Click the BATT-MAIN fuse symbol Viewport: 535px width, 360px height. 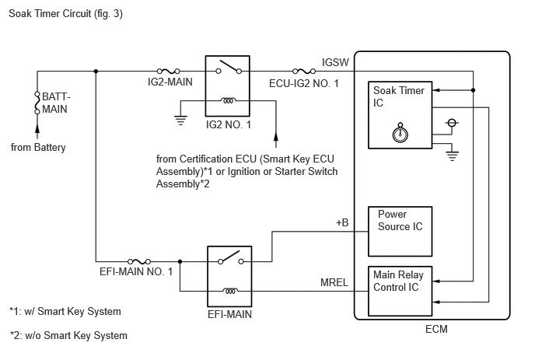[x=37, y=103]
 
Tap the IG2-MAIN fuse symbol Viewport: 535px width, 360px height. [x=168, y=71]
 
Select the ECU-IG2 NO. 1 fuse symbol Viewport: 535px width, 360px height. [x=304, y=71]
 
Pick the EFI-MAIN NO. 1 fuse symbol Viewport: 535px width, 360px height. [x=139, y=261]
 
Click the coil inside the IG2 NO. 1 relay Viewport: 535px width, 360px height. [x=228, y=100]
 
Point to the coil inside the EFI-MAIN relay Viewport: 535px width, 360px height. [x=230, y=291]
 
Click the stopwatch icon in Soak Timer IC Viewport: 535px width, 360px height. [x=400, y=133]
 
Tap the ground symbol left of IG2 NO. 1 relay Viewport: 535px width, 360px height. [x=180, y=121]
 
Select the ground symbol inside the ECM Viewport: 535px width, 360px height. [x=452, y=156]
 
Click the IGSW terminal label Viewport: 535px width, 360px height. [x=335, y=62]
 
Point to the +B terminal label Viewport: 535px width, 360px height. [x=342, y=222]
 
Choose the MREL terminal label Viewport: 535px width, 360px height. [x=334, y=282]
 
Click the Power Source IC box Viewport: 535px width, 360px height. [x=400, y=232]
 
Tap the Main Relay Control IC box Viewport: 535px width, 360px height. [x=400, y=291]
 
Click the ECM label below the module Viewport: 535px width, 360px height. [x=436, y=329]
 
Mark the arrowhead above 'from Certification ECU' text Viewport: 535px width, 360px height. [x=276, y=136]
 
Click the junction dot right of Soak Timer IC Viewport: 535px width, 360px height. [x=473, y=90]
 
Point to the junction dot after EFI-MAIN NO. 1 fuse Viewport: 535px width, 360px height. [x=180, y=261]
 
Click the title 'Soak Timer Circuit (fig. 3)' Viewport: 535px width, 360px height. [x=65, y=14]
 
